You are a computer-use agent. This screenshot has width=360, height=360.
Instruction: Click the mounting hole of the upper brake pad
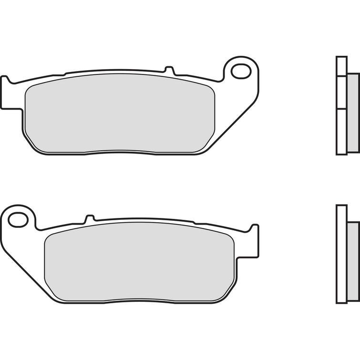[x=241, y=72]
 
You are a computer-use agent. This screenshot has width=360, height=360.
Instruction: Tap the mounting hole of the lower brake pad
[x=18, y=220]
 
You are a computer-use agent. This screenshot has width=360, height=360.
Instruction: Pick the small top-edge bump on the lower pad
[x=89, y=219]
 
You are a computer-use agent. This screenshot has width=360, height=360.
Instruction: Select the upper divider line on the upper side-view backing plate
[x=341, y=76]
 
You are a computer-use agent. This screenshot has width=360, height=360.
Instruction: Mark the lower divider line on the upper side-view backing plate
[x=341, y=109]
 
